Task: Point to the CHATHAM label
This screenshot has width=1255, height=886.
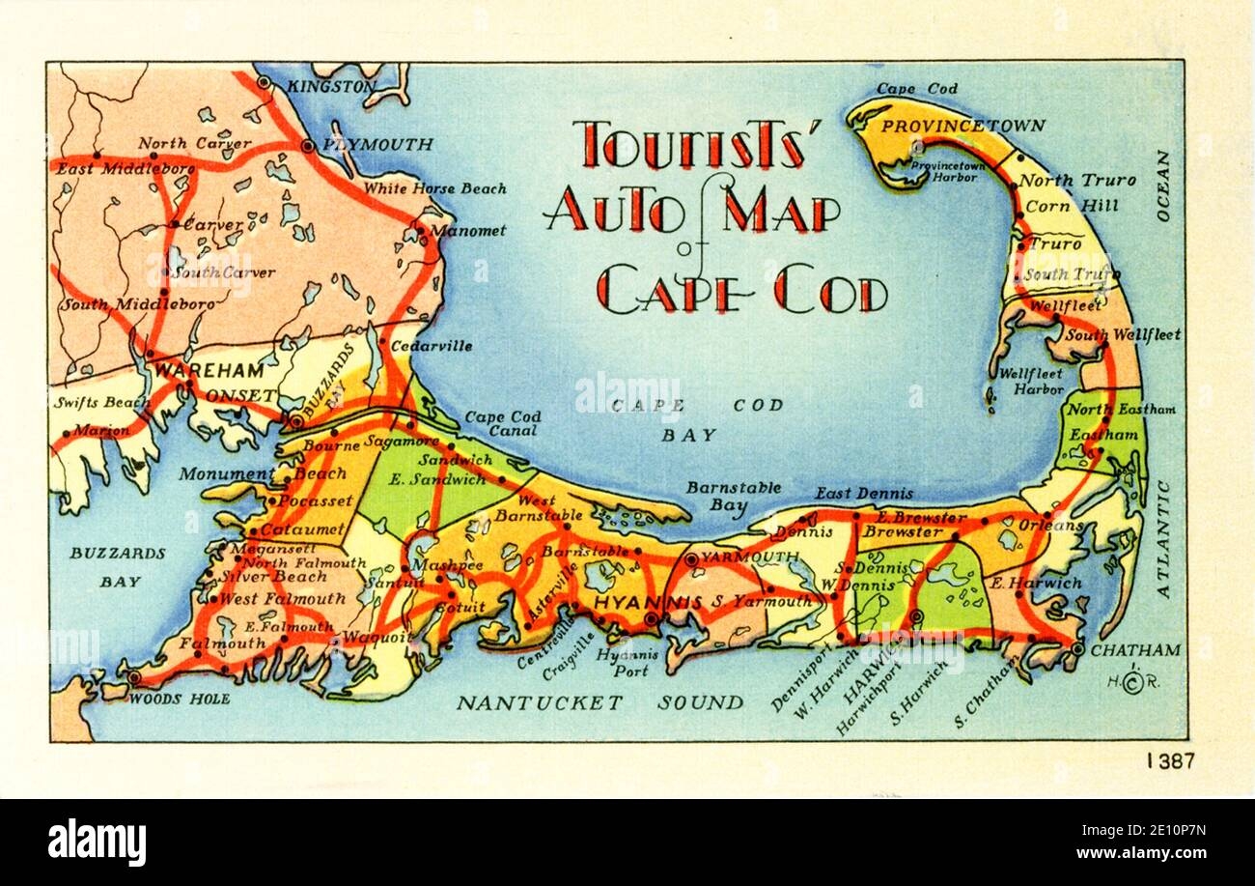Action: click(1135, 650)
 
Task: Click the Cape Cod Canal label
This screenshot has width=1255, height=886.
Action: click(502, 424)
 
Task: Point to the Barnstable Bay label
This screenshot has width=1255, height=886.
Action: click(734, 496)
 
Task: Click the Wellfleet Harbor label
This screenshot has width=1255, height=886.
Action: click(1030, 381)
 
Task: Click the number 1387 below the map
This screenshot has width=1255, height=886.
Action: click(1170, 760)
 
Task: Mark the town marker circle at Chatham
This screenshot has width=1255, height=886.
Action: click(1076, 649)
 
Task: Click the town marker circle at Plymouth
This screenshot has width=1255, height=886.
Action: click(307, 146)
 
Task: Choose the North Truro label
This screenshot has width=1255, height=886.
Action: click(1077, 181)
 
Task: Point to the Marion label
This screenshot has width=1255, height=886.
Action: click(100, 431)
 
